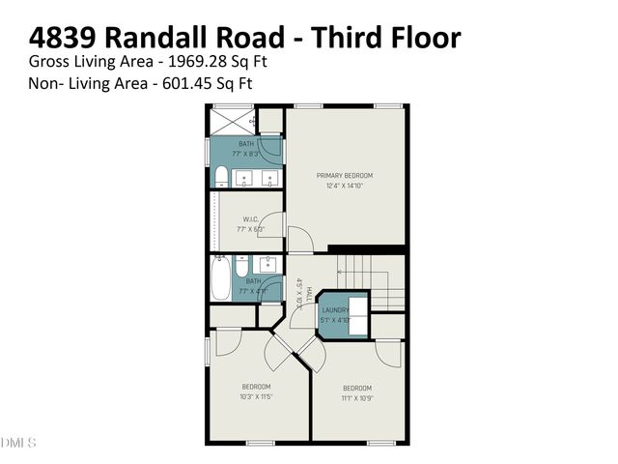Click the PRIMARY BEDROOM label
(345, 175)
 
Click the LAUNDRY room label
(335, 310)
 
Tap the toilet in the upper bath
(221, 177)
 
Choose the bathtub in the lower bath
(221, 280)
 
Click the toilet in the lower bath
(242, 266)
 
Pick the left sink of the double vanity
(243, 179)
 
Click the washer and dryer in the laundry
(358, 315)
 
